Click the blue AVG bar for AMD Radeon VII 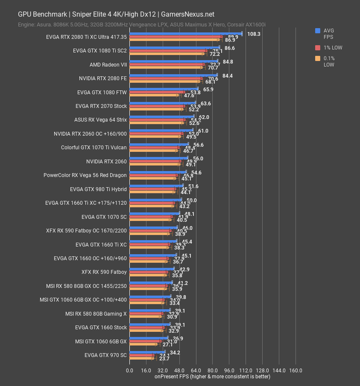[x=173, y=61]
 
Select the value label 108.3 [x=253, y=34]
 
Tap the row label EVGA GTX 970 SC [x=105, y=355]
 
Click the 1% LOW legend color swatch [x=318, y=47]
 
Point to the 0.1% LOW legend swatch [x=318, y=58]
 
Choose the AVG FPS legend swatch [x=318, y=31]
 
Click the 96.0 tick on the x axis [x=229, y=371]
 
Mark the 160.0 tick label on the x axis [x=296, y=371]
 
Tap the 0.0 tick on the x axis [x=129, y=371]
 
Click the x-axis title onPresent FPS [x=212, y=377]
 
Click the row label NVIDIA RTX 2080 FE [x=102, y=78]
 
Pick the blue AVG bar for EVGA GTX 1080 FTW [x=164, y=89]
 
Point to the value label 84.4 [x=228, y=76]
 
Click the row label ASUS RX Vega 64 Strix [x=100, y=120]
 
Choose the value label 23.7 [x=164, y=359]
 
